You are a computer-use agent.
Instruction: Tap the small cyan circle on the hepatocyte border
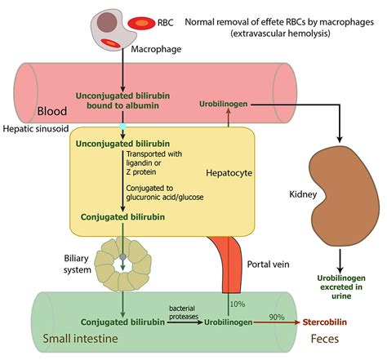click(122, 127)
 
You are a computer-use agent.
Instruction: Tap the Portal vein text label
click(269, 264)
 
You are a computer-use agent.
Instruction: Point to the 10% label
click(239, 303)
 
